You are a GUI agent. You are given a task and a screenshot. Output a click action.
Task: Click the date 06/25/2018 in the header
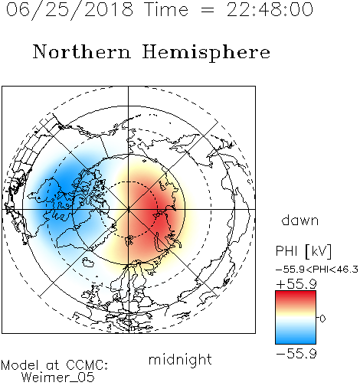coord(70,10)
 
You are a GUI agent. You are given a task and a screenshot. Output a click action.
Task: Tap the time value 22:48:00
coord(270,10)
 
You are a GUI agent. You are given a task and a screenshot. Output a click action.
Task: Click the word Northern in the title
coord(82,52)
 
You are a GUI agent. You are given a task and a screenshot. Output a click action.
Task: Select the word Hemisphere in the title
coord(206,53)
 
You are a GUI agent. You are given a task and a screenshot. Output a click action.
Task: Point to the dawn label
coord(300,221)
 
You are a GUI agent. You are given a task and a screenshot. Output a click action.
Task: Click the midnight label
coord(180,360)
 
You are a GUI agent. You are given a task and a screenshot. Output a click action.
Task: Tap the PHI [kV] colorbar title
coord(304,251)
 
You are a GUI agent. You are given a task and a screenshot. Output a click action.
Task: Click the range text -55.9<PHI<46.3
coord(317,270)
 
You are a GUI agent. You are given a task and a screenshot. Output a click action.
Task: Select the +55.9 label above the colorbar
coord(296,284)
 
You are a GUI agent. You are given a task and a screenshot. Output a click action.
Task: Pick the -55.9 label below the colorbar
coord(296,354)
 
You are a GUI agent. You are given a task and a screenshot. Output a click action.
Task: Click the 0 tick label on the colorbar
coord(322,319)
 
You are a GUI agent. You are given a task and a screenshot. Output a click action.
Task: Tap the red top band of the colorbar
coord(296,296)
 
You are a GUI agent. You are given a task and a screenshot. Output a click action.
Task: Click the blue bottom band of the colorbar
coord(296,338)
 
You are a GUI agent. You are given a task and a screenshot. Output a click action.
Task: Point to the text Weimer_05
coord(58,378)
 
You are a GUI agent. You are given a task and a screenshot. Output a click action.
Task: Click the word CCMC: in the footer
coord(87,365)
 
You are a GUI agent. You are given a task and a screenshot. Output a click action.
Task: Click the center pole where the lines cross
coord(129,209)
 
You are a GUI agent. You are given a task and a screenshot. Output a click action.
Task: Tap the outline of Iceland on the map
coord(89,262)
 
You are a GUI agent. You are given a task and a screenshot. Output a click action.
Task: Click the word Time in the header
coord(166,10)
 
